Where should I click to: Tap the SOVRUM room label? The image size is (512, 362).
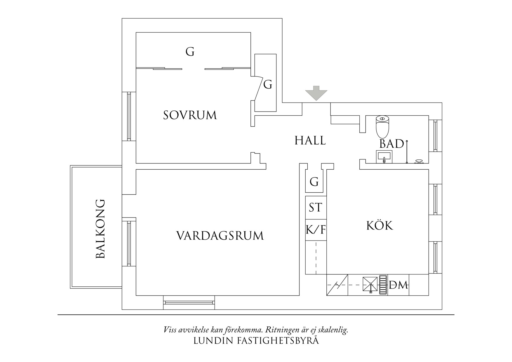pos(190,115)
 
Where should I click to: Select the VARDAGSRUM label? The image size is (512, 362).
pos(220,236)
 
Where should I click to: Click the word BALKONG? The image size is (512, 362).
pos(100,229)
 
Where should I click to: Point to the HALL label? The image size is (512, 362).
pos(310,141)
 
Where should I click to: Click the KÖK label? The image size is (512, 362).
pos(380,226)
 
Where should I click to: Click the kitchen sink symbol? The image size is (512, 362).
pos(370,284)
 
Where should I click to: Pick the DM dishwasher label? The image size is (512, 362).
pos(398,285)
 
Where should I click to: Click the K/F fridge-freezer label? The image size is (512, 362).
pos(316,230)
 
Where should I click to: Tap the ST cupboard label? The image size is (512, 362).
pos(315,208)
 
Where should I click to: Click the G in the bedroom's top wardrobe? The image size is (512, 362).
pos(190,52)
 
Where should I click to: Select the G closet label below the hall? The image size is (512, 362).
pos(314,182)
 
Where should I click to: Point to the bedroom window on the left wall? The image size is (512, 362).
pos(129,116)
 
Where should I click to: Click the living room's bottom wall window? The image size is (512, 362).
pos(189,302)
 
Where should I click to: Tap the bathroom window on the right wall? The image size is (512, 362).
pos(436,135)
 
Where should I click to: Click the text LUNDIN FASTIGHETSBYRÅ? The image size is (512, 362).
pos(256,341)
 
